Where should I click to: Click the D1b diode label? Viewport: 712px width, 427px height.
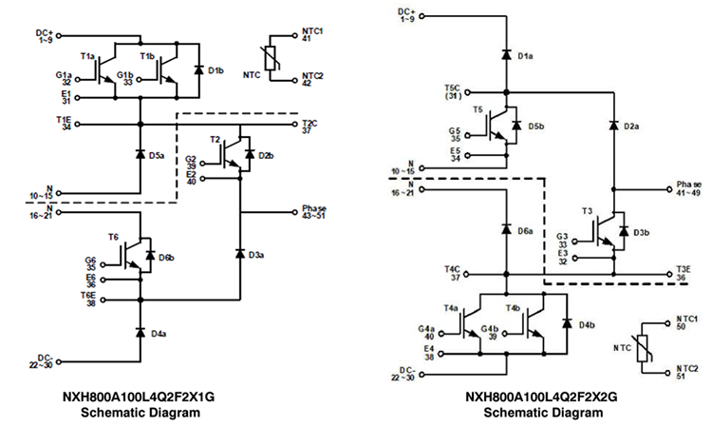pyautogui.click(x=215, y=71)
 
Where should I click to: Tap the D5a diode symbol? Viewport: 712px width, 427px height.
pyautogui.click(x=141, y=154)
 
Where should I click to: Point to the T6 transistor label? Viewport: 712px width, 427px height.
pyautogui.click(x=114, y=237)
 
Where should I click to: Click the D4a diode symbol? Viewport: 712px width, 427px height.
pyautogui.click(x=141, y=333)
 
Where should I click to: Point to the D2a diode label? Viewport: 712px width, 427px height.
pyautogui.click(x=629, y=126)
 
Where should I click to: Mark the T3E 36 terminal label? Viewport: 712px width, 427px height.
pyautogui.click(x=685, y=273)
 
